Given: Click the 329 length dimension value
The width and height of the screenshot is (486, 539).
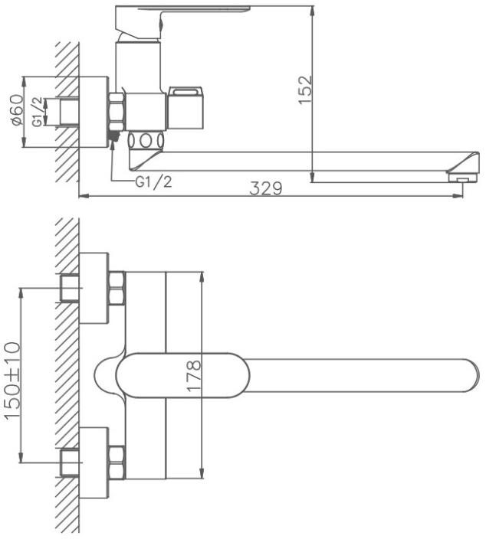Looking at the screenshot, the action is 266,188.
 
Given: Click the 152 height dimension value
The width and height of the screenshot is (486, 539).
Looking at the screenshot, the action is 305,90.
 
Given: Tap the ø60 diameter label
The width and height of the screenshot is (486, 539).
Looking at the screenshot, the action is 17,109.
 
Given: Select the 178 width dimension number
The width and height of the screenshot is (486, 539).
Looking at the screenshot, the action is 193,375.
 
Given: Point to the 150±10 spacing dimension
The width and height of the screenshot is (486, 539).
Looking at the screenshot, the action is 13,381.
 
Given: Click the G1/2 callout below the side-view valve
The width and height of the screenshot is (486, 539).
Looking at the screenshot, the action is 153,182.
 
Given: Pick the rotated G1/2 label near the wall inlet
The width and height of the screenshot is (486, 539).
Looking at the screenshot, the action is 38,112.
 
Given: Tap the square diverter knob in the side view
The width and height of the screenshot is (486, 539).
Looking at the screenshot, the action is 186,108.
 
